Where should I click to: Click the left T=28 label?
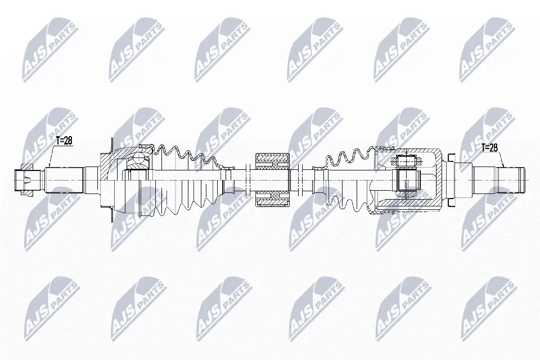64,141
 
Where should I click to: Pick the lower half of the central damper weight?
272,198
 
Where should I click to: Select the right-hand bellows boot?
343,180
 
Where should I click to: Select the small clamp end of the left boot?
228,180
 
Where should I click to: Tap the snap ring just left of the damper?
247,180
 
